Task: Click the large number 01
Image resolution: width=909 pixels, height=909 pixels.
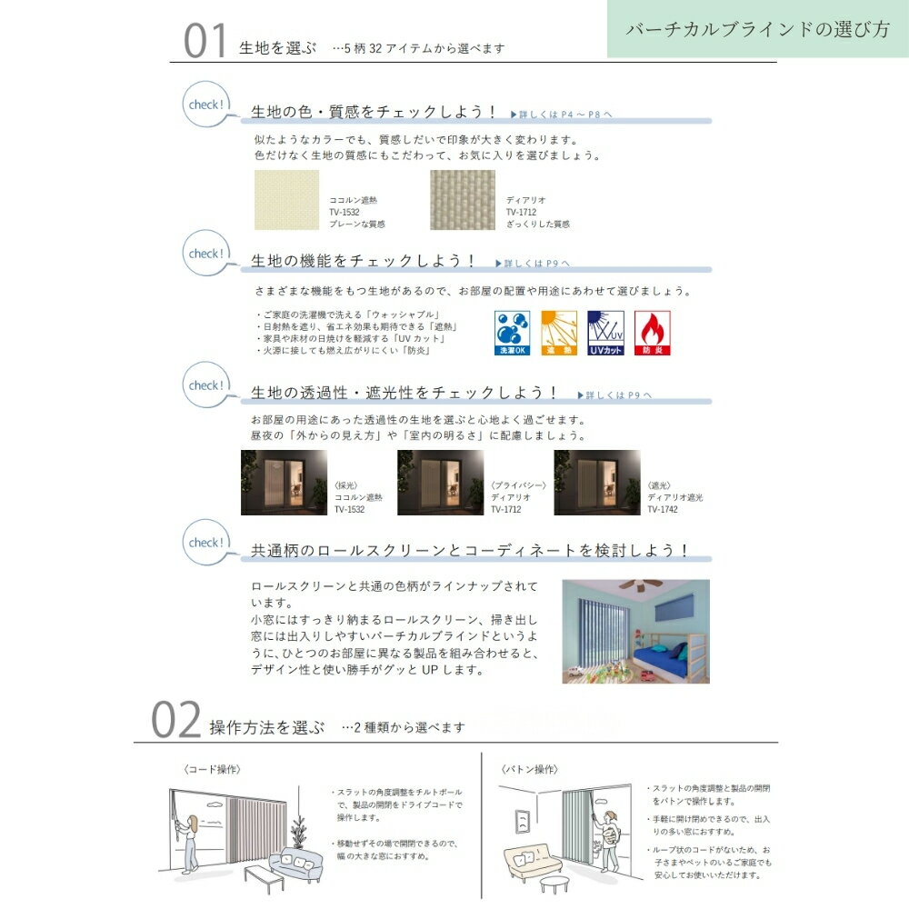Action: tap(205, 41)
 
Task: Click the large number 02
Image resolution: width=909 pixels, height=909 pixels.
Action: tap(175, 723)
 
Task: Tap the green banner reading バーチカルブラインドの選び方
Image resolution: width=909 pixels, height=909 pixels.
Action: tap(757, 29)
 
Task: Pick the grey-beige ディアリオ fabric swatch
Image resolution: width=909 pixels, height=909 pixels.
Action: tap(463, 199)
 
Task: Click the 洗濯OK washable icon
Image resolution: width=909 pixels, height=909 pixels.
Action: tap(509, 333)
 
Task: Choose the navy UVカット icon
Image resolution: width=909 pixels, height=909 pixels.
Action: tap(605, 333)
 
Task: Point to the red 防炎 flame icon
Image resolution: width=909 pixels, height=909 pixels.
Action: tap(652, 333)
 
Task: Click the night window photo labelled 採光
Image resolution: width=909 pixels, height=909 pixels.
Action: tap(284, 483)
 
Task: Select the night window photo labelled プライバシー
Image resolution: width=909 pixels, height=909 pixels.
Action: tap(440, 483)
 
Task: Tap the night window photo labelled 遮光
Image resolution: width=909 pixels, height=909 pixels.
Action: tap(596, 483)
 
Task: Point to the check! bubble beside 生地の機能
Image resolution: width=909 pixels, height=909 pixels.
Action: tap(205, 254)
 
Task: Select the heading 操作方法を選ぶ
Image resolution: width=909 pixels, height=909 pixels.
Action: tap(266, 727)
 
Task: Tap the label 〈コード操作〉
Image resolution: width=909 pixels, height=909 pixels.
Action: tap(212, 769)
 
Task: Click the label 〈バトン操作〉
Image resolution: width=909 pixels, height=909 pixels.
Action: tap(529, 769)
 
